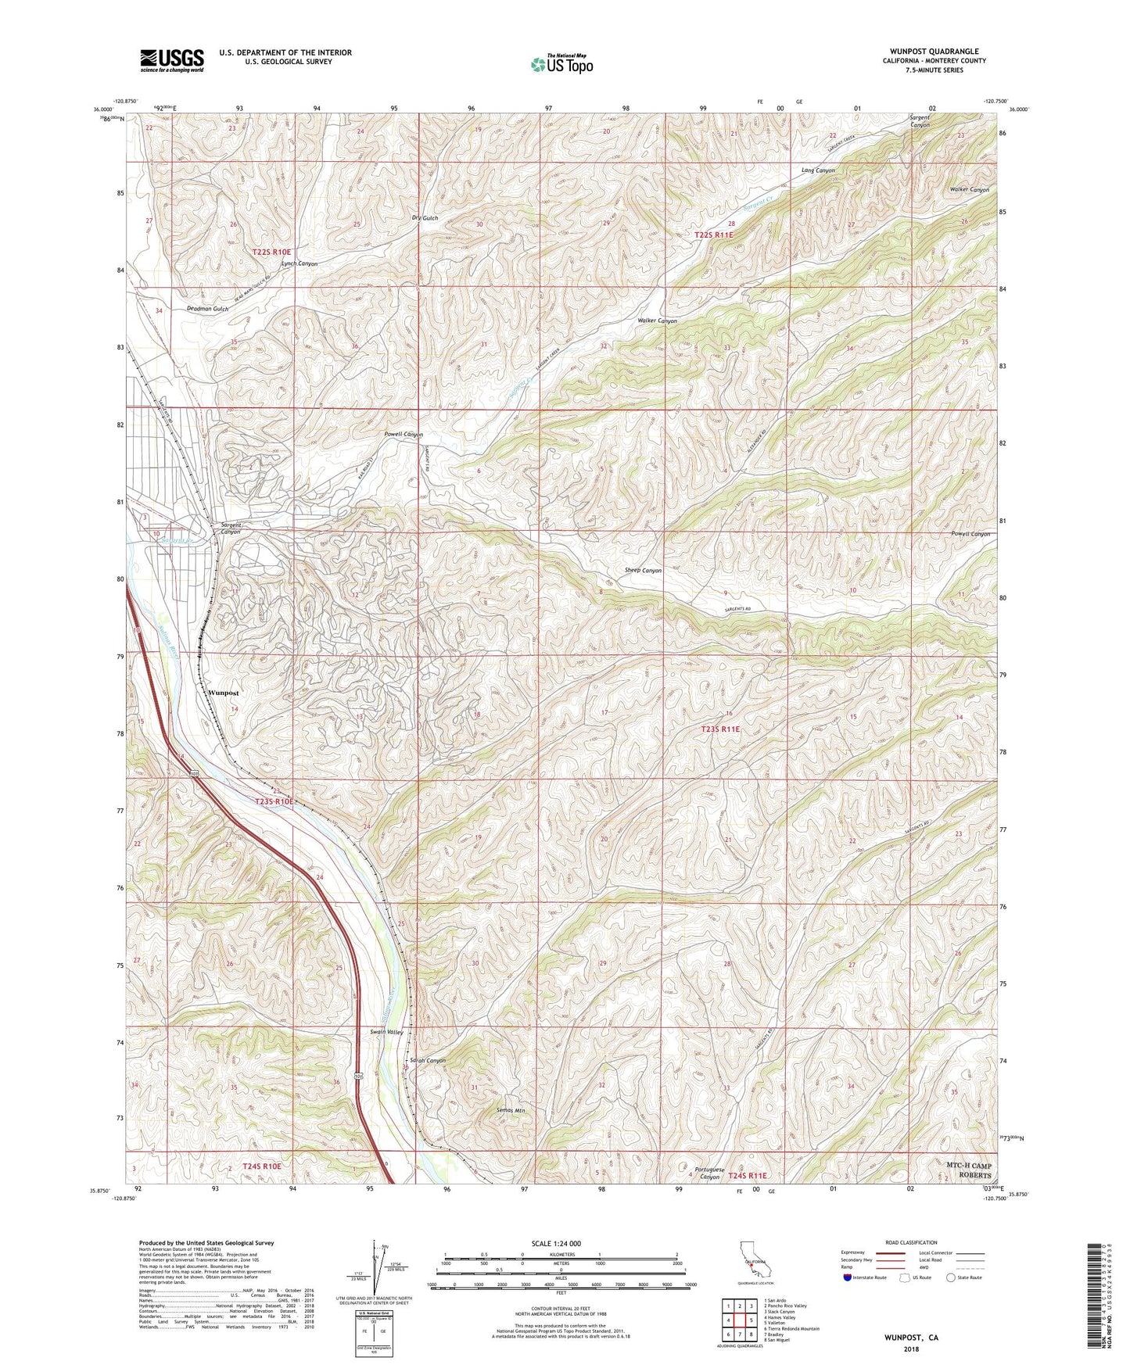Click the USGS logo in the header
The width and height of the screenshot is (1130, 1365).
(172, 60)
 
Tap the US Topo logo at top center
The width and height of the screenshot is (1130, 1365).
(561, 64)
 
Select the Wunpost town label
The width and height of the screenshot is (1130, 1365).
(224, 693)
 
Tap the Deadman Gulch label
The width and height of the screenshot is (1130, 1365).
(208, 309)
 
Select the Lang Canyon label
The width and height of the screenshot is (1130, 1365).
(818, 170)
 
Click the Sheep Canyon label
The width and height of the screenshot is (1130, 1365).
(643, 571)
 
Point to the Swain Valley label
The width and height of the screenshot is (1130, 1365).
(387, 1032)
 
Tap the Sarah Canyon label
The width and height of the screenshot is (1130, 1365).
(427, 1061)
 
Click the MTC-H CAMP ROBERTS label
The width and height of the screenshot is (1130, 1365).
(968, 1170)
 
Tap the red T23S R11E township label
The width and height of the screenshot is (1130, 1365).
(719, 729)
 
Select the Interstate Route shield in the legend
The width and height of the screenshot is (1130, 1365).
(849, 1277)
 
